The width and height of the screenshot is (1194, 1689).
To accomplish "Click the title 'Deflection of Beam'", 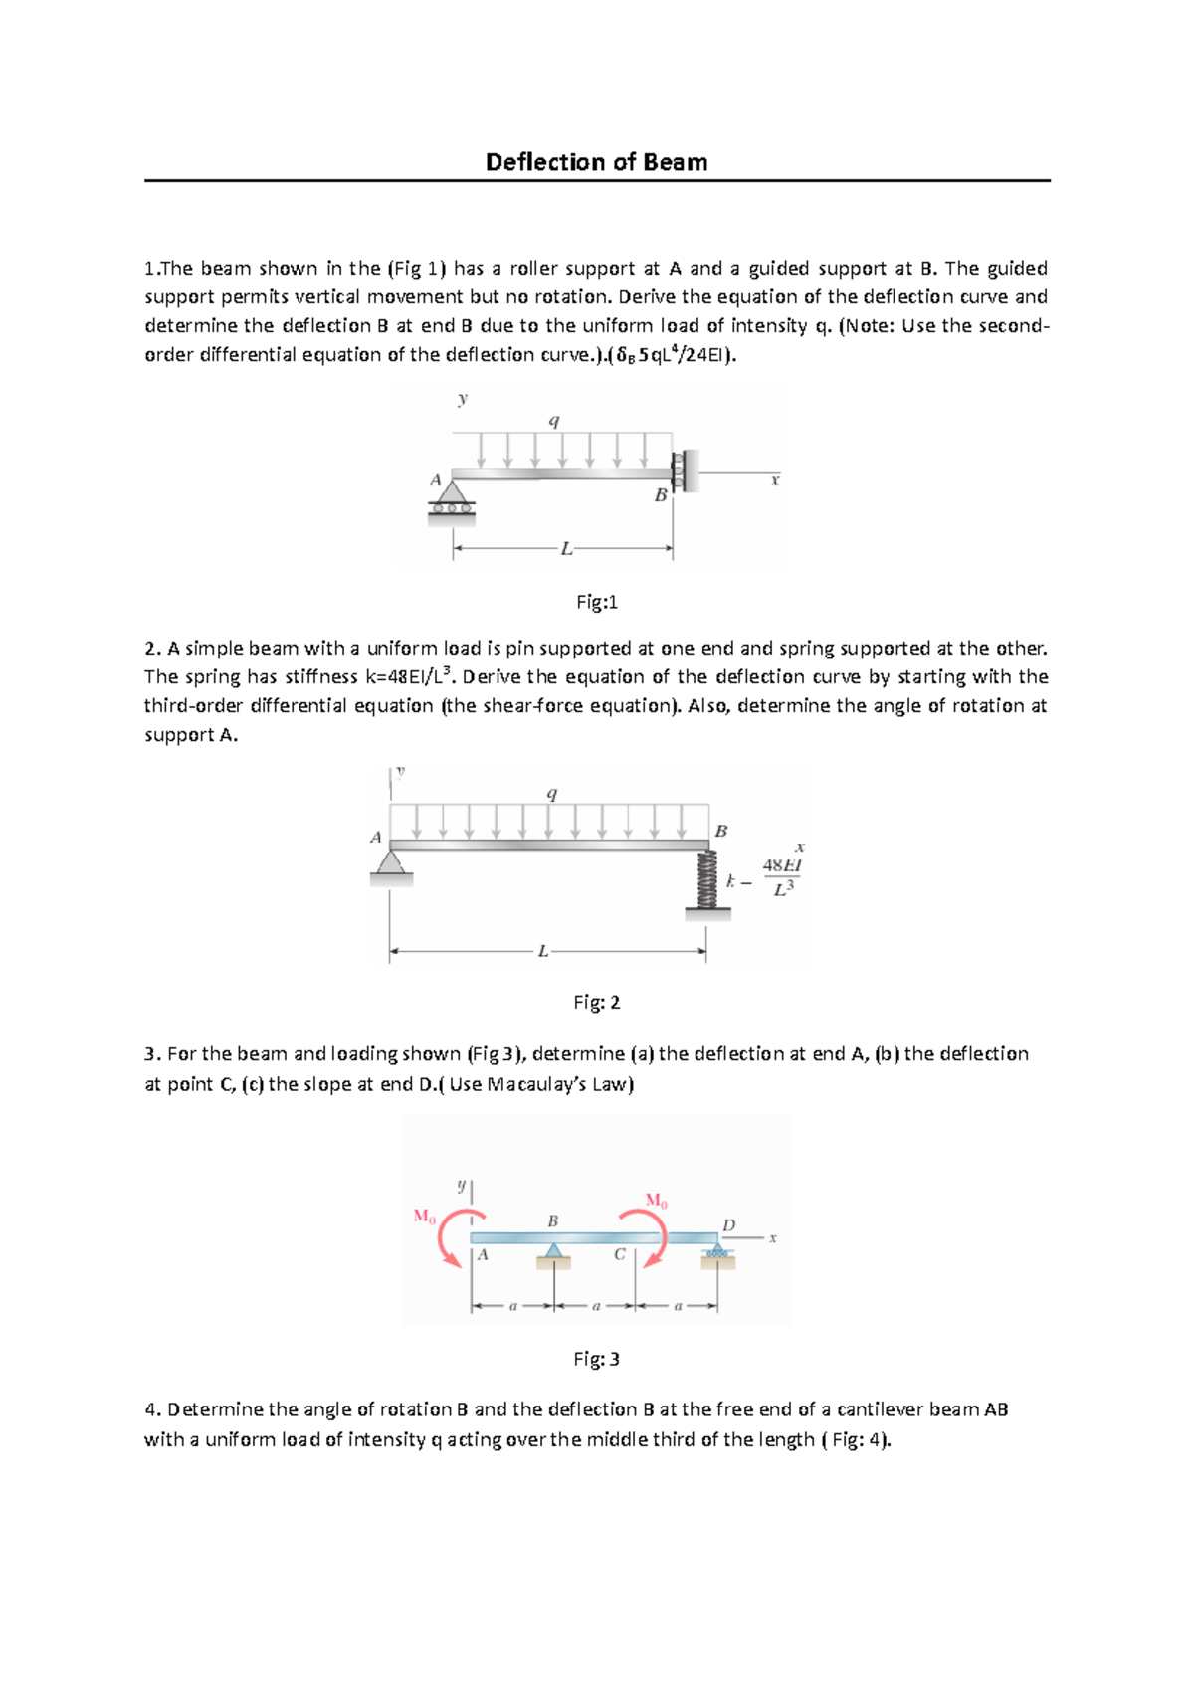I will click(596, 162).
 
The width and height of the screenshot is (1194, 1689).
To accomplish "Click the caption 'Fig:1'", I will click(597, 602).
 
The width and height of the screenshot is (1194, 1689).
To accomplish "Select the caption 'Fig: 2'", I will click(597, 1002).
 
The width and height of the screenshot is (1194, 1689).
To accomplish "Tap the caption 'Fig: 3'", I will click(597, 1359).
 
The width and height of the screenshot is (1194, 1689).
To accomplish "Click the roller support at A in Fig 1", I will click(452, 500).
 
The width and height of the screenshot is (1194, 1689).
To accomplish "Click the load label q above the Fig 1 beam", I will click(554, 421).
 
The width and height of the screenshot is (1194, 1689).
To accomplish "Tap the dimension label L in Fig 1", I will click(566, 548).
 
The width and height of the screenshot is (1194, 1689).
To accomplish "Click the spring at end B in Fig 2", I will click(707, 880).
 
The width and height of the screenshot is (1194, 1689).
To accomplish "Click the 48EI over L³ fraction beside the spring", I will click(782, 876).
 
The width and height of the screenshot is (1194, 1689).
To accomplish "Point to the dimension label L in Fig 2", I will click(542, 952).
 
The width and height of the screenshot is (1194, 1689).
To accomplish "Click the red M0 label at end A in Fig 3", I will click(424, 1216).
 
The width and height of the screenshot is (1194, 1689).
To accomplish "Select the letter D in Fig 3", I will click(728, 1225).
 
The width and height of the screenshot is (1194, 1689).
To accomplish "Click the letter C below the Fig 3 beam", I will click(619, 1255).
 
